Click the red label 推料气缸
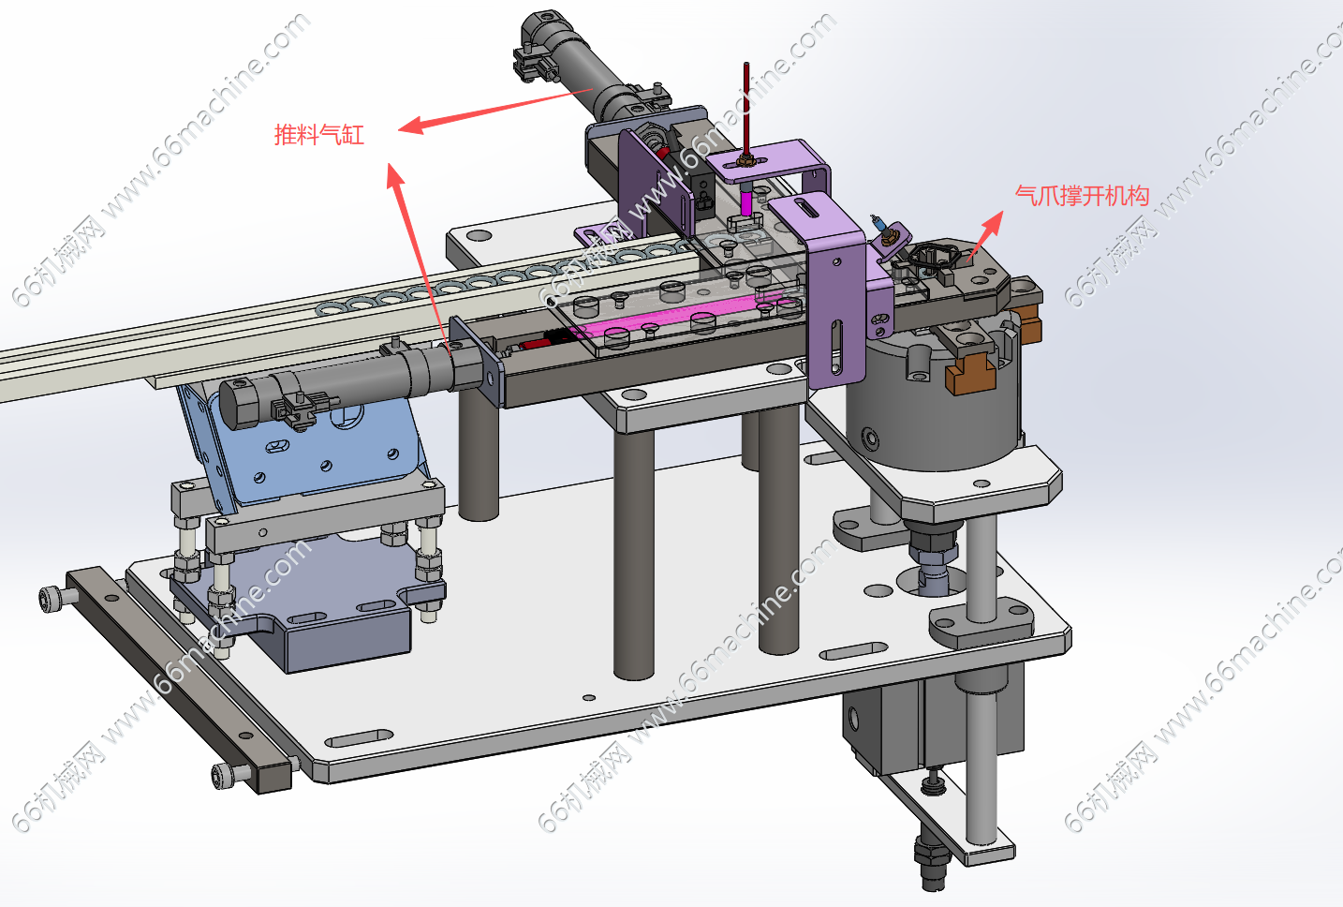[x=319, y=134]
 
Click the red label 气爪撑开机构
[x=1082, y=196]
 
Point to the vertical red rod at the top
[x=745, y=108]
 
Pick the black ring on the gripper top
[x=927, y=258]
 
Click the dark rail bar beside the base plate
[x=180, y=677]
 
